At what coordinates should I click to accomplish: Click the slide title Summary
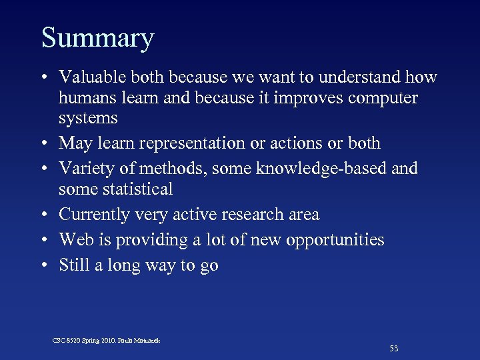click(97, 39)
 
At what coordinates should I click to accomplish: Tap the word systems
click(88, 119)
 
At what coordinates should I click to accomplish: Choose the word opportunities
click(335, 240)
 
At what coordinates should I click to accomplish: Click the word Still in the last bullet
click(75, 265)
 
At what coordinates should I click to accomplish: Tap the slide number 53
click(394, 349)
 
